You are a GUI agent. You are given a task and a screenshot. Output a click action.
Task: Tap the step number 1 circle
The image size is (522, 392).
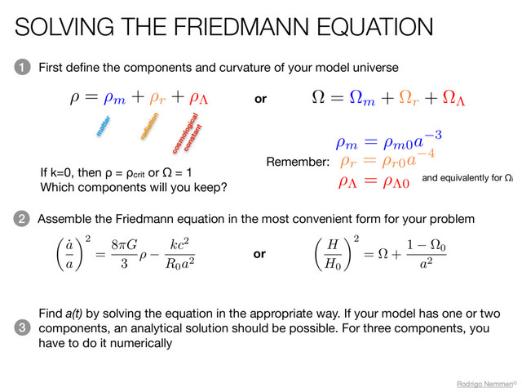click(x=21, y=67)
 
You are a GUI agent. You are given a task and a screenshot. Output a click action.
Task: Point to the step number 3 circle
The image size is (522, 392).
click(x=21, y=327)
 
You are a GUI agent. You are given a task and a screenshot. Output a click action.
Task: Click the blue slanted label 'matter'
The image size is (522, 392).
click(x=103, y=127)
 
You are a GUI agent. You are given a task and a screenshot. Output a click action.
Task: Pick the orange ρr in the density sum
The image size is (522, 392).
click(x=159, y=98)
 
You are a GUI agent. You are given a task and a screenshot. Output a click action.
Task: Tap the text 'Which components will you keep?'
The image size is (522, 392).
click(x=133, y=188)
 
